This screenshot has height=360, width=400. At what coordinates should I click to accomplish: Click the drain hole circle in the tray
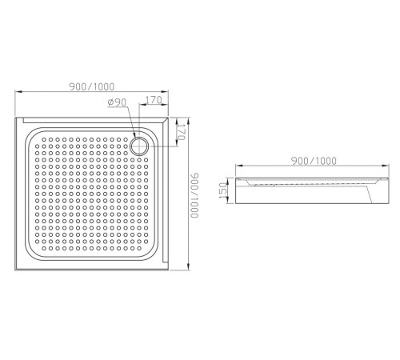click(142, 146)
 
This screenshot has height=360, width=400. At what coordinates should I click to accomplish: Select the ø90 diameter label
click(116, 102)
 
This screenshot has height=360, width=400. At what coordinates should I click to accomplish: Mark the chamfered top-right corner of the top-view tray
click(167, 121)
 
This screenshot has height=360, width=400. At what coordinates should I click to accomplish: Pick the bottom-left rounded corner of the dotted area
click(30, 252)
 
